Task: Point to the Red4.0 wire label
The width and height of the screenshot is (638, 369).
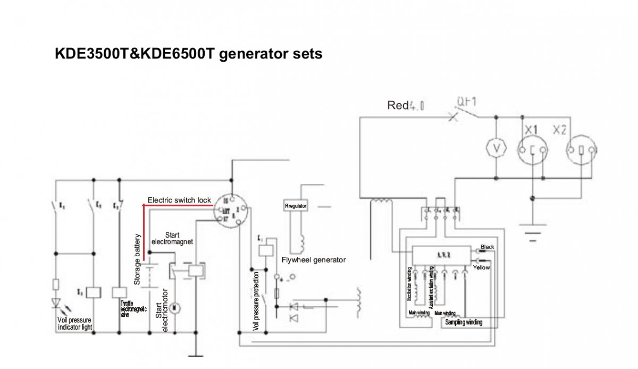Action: pyautogui.click(x=406, y=106)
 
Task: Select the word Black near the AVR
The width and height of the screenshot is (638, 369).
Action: pyautogui.click(x=487, y=247)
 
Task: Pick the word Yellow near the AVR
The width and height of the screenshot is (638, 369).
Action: pyautogui.click(x=481, y=267)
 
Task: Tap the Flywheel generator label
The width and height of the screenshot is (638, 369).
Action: pyautogui.click(x=314, y=260)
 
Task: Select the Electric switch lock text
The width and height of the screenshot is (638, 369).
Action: pyautogui.click(x=179, y=200)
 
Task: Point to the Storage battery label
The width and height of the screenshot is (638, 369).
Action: pyautogui.click(x=137, y=259)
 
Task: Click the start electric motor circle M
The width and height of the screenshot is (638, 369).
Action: pyautogui.click(x=179, y=307)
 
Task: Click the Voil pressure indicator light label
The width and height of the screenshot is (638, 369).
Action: pyautogui.click(x=74, y=323)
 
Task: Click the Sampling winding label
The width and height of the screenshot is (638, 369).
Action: pyautogui.click(x=464, y=322)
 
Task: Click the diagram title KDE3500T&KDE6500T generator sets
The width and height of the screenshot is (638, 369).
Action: pyautogui.click(x=189, y=54)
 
